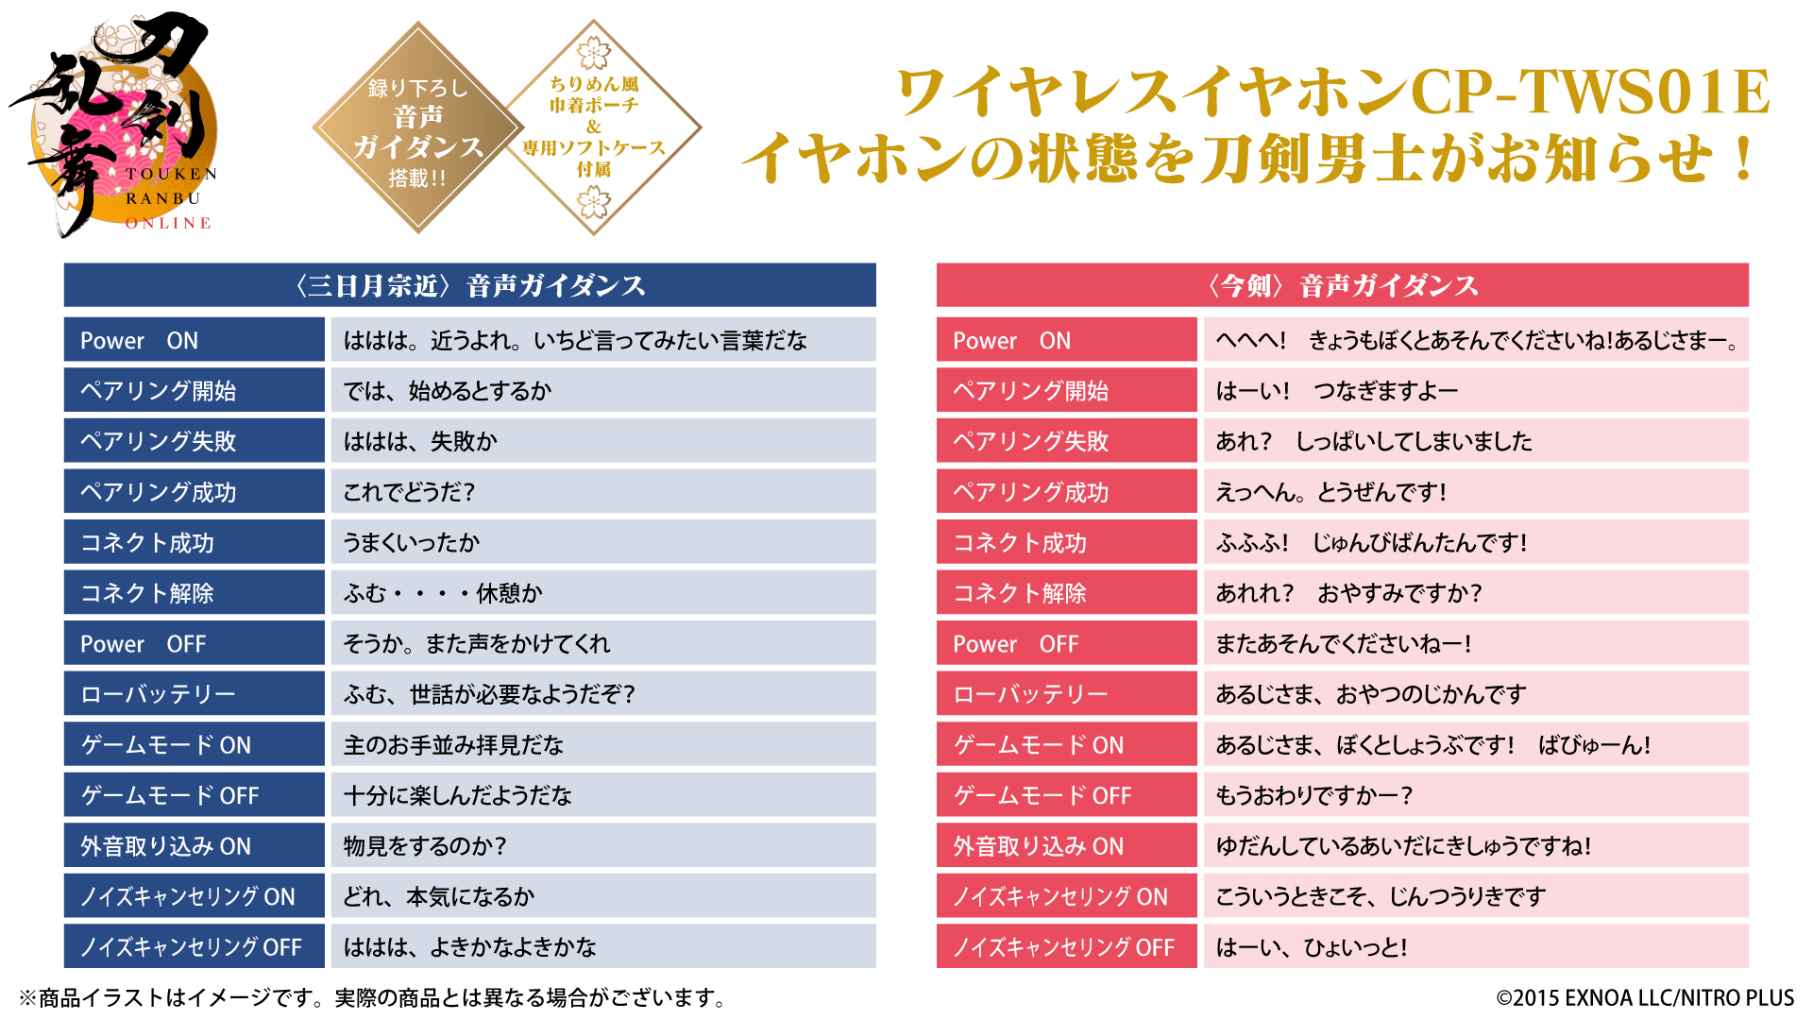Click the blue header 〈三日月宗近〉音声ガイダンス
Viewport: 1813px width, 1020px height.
(x=469, y=285)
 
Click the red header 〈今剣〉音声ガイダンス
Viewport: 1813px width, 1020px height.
(x=1342, y=285)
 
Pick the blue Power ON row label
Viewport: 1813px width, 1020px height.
(x=194, y=340)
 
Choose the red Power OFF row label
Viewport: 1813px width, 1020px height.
(x=1066, y=644)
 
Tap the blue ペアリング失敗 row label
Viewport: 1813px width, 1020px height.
(x=194, y=441)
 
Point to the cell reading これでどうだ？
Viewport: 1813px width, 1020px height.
(x=602, y=492)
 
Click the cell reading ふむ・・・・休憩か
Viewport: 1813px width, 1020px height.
(x=602, y=593)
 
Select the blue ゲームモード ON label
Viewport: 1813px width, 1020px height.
(x=194, y=745)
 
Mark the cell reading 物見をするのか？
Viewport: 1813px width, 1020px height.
(x=602, y=846)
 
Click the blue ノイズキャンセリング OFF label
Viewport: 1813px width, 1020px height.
(x=194, y=947)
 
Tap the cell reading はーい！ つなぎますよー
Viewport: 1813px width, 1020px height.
(x=1475, y=391)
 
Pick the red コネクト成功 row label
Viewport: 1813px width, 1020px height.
(x=1066, y=543)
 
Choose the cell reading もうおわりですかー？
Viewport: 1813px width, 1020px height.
(x=1475, y=795)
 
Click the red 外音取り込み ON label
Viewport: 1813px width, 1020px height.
(x=1066, y=846)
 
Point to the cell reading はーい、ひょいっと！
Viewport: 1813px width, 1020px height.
(x=1475, y=947)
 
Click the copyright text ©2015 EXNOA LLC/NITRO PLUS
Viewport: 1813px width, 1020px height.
(x=1644, y=998)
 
